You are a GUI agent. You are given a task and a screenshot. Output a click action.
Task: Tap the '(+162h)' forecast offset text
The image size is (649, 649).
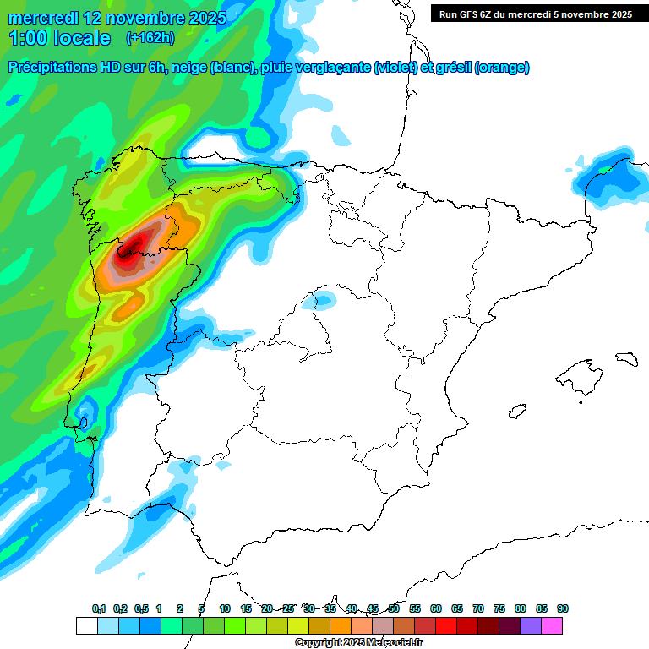point(150,38)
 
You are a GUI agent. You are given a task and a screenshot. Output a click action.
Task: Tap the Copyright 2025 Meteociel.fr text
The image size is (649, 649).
point(359,643)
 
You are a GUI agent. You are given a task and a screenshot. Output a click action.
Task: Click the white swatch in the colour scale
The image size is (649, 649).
point(86,626)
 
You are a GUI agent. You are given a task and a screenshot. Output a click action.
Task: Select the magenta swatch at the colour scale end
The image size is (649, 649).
point(552,626)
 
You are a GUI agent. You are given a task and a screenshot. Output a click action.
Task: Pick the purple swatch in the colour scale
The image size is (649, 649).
point(531,626)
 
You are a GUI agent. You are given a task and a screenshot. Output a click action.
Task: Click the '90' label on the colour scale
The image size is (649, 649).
point(563,609)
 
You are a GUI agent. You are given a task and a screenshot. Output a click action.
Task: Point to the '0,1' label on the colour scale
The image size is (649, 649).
point(99,609)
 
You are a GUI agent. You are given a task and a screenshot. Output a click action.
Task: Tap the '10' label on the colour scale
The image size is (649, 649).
point(225,609)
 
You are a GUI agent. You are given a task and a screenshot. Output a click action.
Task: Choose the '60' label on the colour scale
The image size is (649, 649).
point(436,609)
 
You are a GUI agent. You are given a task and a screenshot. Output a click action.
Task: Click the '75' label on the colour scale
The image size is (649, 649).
point(499,609)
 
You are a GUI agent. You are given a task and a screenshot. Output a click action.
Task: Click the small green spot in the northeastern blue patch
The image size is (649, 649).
point(603,170)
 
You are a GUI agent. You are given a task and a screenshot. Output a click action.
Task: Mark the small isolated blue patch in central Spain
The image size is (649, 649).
point(322,298)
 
